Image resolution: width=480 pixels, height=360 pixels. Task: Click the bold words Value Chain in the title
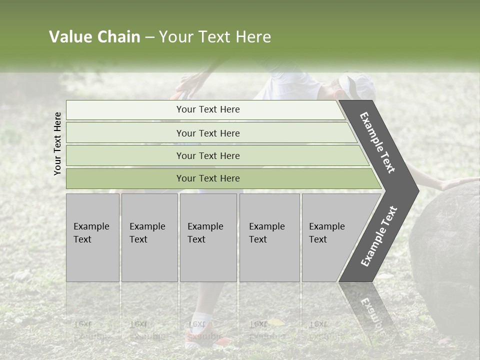(x=94, y=37)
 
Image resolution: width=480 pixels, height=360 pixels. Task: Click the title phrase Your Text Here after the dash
(x=215, y=37)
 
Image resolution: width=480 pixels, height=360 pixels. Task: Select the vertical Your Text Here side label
(x=57, y=143)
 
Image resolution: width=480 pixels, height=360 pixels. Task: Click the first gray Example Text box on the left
(x=92, y=237)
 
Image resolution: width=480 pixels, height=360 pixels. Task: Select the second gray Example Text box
(x=149, y=237)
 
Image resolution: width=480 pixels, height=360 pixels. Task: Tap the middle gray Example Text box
(x=208, y=237)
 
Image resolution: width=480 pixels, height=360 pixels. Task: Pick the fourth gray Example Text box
(x=269, y=237)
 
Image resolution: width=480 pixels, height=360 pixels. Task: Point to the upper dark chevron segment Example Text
(x=378, y=142)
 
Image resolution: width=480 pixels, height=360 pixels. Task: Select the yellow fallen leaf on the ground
(x=276, y=322)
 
